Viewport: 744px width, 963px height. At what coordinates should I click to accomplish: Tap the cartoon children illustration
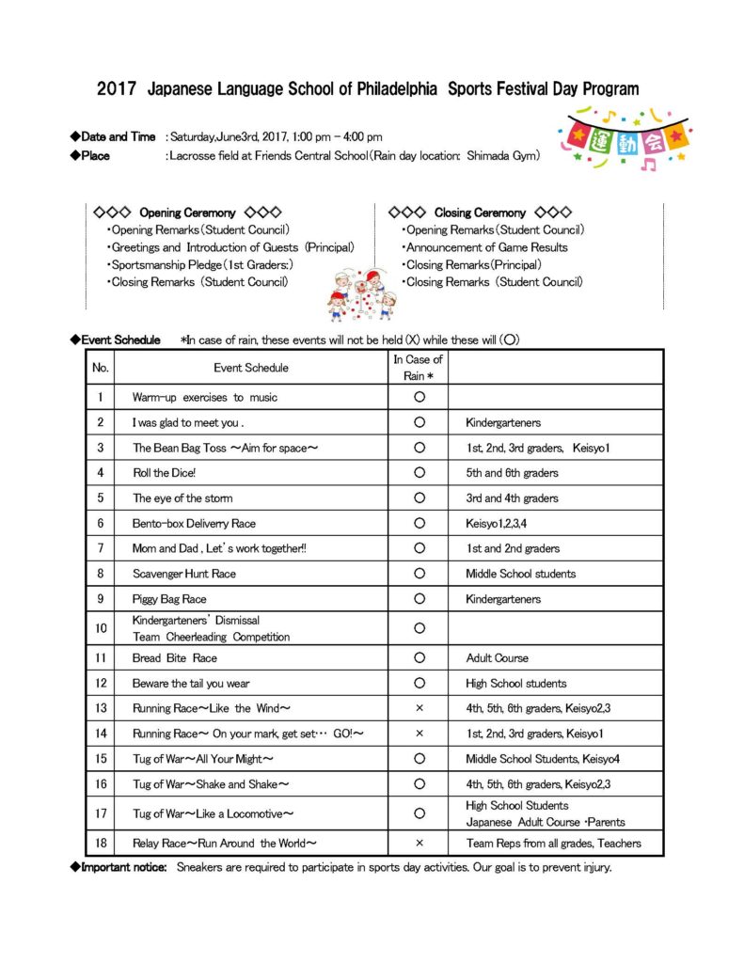point(361,295)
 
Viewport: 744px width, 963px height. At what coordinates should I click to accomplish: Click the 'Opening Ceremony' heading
point(186,213)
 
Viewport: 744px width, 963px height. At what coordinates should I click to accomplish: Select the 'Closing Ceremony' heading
point(480,213)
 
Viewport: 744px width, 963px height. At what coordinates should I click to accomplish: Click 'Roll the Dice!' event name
point(164,473)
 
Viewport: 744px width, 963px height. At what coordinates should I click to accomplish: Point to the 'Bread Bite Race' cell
point(174,658)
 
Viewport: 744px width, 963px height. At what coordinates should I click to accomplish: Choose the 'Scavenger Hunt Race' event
point(183,574)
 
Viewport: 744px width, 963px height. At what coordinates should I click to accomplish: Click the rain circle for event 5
point(419,498)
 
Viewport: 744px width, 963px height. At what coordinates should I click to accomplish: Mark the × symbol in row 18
point(419,844)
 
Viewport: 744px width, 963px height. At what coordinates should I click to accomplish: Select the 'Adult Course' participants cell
point(497,658)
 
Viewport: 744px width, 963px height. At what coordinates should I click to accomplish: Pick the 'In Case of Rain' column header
point(419,368)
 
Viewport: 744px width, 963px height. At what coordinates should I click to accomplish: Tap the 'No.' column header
point(100,368)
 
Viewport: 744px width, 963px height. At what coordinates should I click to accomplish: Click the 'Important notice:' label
point(124,867)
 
